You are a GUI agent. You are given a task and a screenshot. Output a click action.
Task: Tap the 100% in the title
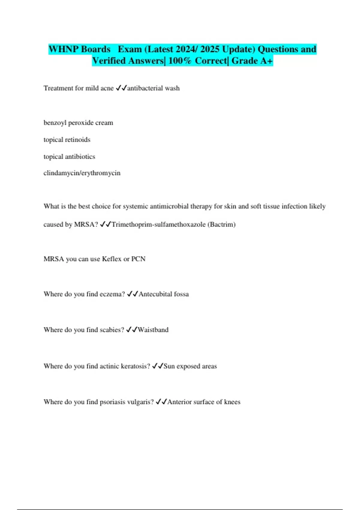point(180,61)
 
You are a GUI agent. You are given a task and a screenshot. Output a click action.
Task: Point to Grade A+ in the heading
point(252,61)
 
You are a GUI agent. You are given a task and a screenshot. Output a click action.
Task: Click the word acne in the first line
point(107,88)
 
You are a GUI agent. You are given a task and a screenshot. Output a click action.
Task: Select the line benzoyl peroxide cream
point(78,123)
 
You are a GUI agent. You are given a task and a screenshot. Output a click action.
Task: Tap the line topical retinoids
point(67,139)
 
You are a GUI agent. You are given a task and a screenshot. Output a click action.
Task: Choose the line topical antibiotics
point(69,157)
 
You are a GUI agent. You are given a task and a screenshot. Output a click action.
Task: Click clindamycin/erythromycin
point(82,173)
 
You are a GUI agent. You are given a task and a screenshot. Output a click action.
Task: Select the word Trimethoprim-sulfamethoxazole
point(158,224)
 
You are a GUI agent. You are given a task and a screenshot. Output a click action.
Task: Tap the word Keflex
point(112,259)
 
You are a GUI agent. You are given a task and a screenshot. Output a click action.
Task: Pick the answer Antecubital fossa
point(163,294)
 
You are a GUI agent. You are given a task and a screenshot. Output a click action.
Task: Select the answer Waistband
point(153,330)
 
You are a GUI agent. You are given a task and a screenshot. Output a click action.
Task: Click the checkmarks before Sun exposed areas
point(157,366)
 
